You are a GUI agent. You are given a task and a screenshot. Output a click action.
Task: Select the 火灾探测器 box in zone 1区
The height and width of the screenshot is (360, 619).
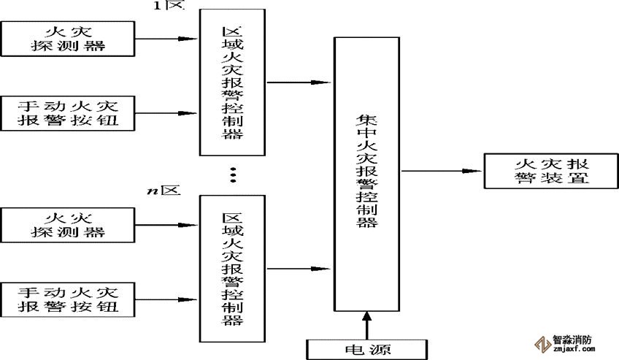click(x=69, y=39)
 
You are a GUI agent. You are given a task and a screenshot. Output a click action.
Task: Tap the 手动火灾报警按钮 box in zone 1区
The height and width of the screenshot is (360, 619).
click(x=69, y=113)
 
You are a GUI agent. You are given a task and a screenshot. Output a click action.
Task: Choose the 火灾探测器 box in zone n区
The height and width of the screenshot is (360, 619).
click(x=69, y=225)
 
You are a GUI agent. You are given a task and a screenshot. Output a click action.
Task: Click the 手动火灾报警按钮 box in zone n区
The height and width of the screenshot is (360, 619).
click(x=69, y=299)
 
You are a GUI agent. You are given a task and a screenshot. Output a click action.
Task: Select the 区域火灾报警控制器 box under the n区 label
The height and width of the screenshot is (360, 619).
click(x=233, y=269)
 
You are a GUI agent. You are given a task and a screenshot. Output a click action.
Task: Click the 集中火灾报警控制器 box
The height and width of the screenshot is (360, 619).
click(x=366, y=172)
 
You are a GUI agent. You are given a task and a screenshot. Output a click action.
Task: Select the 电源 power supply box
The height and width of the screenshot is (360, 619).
click(x=365, y=348)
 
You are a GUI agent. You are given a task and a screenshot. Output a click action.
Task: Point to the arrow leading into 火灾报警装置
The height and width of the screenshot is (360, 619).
click(x=442, y=171)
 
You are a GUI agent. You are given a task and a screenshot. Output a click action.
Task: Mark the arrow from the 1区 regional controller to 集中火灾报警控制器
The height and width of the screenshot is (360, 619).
click(x=299, y=83)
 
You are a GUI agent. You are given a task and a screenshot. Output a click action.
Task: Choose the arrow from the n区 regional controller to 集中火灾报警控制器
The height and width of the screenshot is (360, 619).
click(x=299, y=268)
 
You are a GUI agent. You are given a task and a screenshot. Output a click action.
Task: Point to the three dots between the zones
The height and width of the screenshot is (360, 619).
click(x=234, y=175)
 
